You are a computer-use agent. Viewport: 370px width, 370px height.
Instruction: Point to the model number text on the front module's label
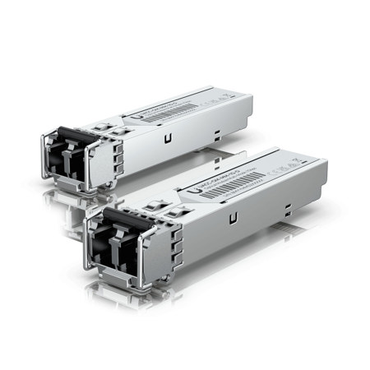coord(215,174)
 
